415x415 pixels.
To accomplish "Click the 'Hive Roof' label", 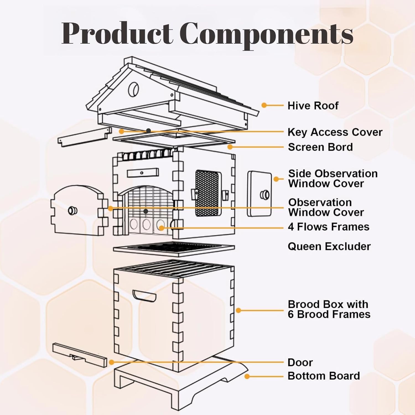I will [x=313, y=106].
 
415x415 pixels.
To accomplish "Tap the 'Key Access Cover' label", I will [x=335, y=132].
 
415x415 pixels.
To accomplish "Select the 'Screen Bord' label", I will [x=320, y=147].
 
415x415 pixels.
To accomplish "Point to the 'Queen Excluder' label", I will [x=329, y=247].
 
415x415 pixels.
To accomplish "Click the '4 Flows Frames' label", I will [x=328, y=227].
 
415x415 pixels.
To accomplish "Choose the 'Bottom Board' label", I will [x=324, y=376].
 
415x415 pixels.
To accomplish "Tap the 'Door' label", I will [x=300, y=362].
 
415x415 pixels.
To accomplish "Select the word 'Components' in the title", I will [x=266, y=34].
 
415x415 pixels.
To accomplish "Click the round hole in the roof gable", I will [x=134, y=89].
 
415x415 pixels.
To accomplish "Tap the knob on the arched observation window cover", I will [x=73, y=211].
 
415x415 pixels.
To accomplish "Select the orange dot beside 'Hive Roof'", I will [x=264, y=105].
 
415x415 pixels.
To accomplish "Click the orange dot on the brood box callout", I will [x=238, y=310].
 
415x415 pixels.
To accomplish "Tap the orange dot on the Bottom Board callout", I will [x=247, y=376].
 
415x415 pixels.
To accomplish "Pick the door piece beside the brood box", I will [x=80, y=355].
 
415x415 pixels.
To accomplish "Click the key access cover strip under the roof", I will [x=84, y=137].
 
